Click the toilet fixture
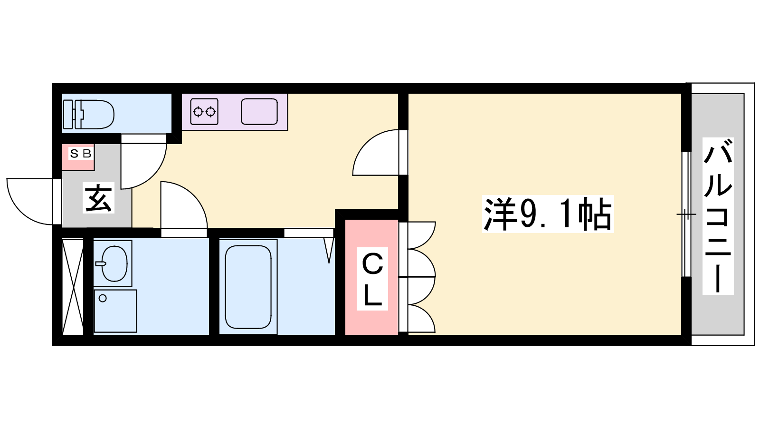(88, 115)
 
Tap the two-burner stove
(204, 111)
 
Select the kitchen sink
(259, 111)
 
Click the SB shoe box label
(80, 154)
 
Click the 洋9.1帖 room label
(548, 214)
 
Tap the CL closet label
(372, 279)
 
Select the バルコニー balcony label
(718, 216)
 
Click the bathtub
(248, 287)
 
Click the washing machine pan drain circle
(103, 298)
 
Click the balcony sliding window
(686, 214)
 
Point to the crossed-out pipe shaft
(73, 287)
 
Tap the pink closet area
(371, 277)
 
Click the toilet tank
(69, 115)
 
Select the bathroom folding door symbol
(328, 250)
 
